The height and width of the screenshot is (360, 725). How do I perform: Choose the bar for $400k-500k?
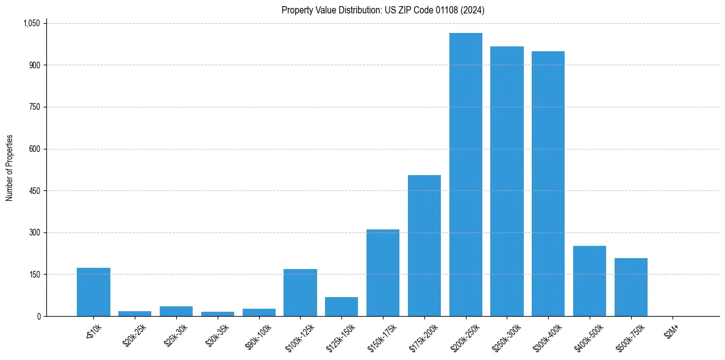click(590, 281)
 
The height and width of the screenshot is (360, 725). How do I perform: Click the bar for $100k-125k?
click(300, 292)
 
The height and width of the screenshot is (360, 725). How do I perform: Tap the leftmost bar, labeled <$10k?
click(93, 292)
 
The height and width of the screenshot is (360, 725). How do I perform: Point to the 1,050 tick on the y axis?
click(31, 23)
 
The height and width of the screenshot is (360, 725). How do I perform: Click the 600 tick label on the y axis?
click(34, 149)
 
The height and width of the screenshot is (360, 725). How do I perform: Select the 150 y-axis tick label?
click(34, 275)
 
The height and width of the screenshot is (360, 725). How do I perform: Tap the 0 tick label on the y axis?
click(38, 316)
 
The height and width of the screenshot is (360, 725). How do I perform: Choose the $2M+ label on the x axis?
click(672, 330)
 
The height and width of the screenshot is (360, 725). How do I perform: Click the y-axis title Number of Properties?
click(9, 168)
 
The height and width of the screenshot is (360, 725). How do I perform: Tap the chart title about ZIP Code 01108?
click(383, 10)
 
